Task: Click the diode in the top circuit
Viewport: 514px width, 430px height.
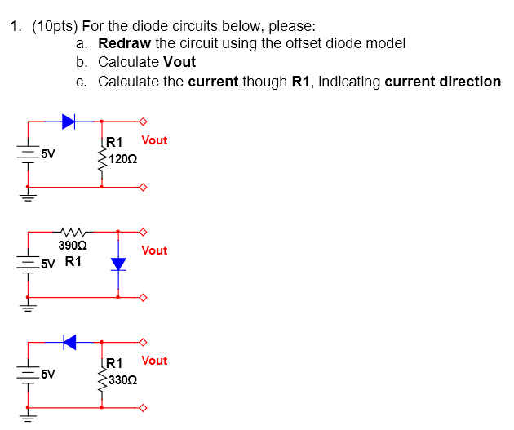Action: coord(69,122)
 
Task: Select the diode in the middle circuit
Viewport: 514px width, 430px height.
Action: coord(119,264)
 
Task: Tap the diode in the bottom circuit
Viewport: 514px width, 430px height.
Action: coord(69,342)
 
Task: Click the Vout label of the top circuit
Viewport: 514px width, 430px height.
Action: coord(154,140)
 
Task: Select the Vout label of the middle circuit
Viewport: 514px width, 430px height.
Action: coord(154,250)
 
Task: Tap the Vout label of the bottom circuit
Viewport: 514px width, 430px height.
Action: coord(154,361)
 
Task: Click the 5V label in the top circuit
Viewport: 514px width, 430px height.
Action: coord(48,153)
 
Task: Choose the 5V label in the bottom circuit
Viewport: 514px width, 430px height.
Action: coord(48,375)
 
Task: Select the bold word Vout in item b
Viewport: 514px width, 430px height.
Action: coord(179,62)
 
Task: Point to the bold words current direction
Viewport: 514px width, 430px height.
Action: coord(442,82)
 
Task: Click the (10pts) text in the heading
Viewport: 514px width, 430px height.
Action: coord(55,25)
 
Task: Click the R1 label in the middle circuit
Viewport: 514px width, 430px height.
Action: coord(73,262)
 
